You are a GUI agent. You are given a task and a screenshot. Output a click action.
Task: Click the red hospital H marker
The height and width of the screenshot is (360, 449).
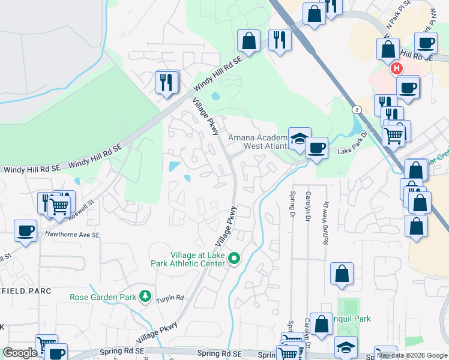coord(397,69)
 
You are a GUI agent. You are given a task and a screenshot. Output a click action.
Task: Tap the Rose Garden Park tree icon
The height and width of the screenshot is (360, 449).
coord(145,296)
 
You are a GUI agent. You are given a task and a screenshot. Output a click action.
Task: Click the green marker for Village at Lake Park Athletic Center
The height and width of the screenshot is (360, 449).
coord(235,259)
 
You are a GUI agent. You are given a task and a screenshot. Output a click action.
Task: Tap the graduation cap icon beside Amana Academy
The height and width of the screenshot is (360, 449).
coord(299,139)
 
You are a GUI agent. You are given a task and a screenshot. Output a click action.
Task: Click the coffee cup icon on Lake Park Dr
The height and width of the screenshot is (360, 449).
coord(316,146)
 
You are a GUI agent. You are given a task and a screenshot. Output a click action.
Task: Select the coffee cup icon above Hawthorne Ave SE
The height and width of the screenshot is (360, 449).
coord(26,230)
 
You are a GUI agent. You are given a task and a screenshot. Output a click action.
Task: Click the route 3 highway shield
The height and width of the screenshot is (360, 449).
coord(357,110)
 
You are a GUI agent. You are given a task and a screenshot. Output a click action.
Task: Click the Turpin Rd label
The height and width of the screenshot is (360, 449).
coord(170,299)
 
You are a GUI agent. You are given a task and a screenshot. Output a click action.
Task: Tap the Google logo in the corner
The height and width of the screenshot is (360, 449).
coord(20,353)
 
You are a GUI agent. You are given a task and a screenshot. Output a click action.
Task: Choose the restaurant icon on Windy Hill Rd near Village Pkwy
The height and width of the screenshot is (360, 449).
coord(167,82)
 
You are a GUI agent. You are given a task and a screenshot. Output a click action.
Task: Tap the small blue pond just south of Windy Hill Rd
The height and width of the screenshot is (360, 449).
coord(215,95)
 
